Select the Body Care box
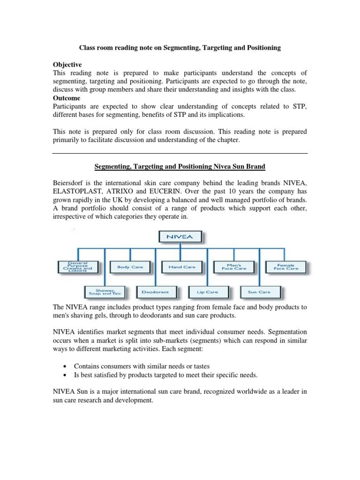(x=127, y=267)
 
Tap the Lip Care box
(x=208, y=292)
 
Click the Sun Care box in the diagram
(x=259, y=292)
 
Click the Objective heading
(x=67, y=64)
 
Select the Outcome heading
(x=66, y=98)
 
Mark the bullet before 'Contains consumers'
(x=64, y=366)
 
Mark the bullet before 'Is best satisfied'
(x=64, y=375)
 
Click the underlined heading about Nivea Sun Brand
(x=180, y=166)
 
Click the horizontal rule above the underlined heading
(x=180, y=153)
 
